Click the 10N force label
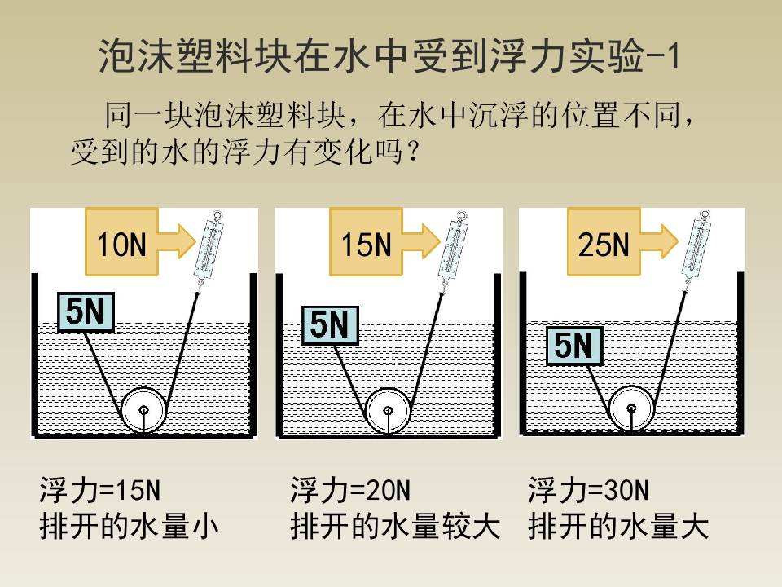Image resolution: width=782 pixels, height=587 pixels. coord(121,244)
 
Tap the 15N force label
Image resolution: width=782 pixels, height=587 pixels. coord(366,244)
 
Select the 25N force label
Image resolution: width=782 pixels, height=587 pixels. coord(604,244)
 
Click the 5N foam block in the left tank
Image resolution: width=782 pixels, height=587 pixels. coord(86,312)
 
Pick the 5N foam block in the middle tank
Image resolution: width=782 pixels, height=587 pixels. coord(330,325)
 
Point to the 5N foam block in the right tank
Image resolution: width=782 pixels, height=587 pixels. coord(574,346)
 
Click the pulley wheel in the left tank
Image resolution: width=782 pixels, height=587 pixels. coord(143,410)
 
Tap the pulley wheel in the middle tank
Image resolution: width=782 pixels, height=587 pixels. coord(388,410)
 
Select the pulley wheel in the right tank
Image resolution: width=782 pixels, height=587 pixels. coord(631,408)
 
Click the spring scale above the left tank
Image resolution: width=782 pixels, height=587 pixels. coord(209,248)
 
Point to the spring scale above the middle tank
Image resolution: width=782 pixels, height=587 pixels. coord(453,248)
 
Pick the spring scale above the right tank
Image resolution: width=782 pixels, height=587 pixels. coord(696,248)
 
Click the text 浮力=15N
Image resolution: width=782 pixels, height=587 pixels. coord(99,490)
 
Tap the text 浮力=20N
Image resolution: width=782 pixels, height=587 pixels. coord(350,490)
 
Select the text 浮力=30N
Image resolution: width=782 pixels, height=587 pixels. coord(588,490)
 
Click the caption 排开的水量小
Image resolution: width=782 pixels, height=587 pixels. coord(130,527)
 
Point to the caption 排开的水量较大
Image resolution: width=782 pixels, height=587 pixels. coord(395,527)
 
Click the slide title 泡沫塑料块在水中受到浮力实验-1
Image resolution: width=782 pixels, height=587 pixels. coord(389,55)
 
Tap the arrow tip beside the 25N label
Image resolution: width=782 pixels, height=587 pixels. coord(679,241)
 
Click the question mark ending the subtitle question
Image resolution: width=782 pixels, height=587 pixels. coord(414,152)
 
